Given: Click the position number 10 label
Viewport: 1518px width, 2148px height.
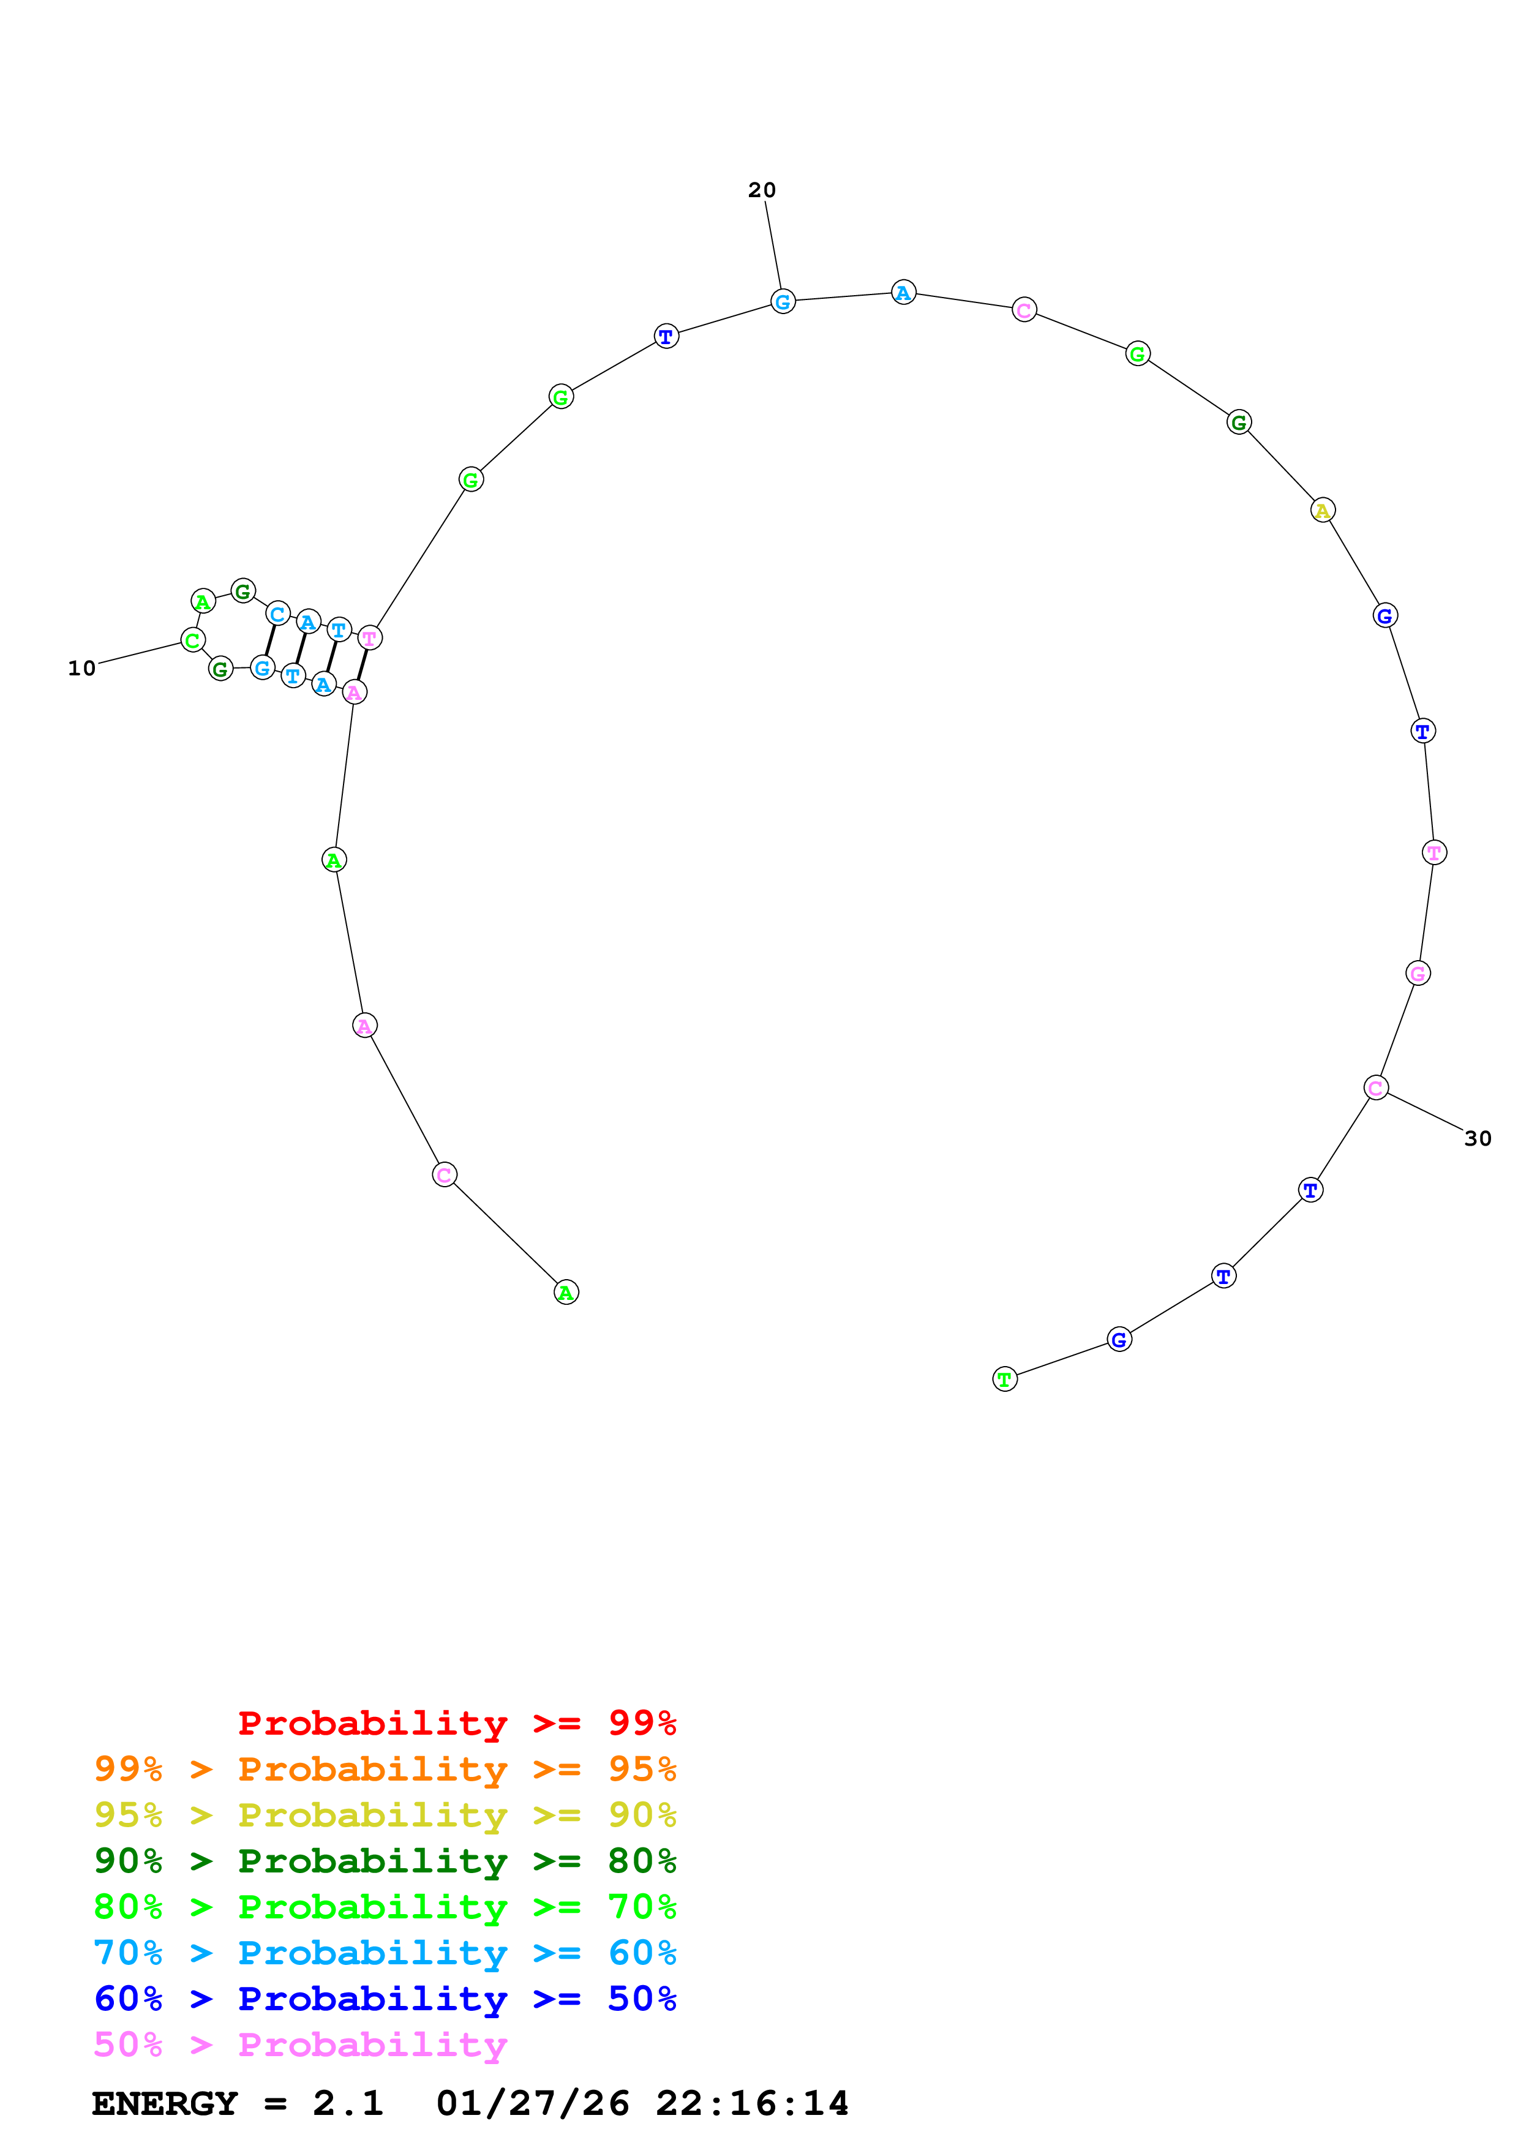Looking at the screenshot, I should (81, 668).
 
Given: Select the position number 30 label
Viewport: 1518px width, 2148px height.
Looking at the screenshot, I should (1477, 1138).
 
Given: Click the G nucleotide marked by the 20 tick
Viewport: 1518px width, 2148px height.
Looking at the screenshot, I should (783, 301).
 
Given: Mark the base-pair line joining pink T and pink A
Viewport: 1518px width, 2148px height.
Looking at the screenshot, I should (362, 665).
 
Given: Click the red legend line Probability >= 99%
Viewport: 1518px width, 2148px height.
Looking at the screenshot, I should (456, 1722).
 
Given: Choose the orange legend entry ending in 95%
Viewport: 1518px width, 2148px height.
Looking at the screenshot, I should (385, 1769).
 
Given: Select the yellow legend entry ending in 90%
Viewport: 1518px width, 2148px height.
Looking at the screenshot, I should (385, 1815).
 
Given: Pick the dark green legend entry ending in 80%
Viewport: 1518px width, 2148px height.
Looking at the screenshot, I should (385, 1861).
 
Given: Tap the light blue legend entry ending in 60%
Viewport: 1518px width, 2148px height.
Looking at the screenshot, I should (385, 1953).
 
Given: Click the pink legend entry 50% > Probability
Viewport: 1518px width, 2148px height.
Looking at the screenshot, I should (299, 2044).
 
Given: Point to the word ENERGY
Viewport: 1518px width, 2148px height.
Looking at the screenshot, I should (165, 2103).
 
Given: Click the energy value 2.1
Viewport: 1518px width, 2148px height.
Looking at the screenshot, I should (348, 2103).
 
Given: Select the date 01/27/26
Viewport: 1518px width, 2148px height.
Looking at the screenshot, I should (532, 2103).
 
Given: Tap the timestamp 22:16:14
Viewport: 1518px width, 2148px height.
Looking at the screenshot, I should (752, 2103).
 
